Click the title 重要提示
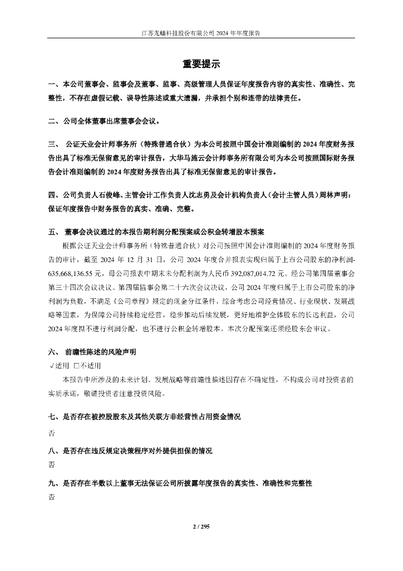(202, 64)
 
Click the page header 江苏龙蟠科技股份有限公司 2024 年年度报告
(202, 33)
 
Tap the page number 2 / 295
(201, 526)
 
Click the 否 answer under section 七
(52, 432)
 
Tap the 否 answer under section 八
(52, 464)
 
